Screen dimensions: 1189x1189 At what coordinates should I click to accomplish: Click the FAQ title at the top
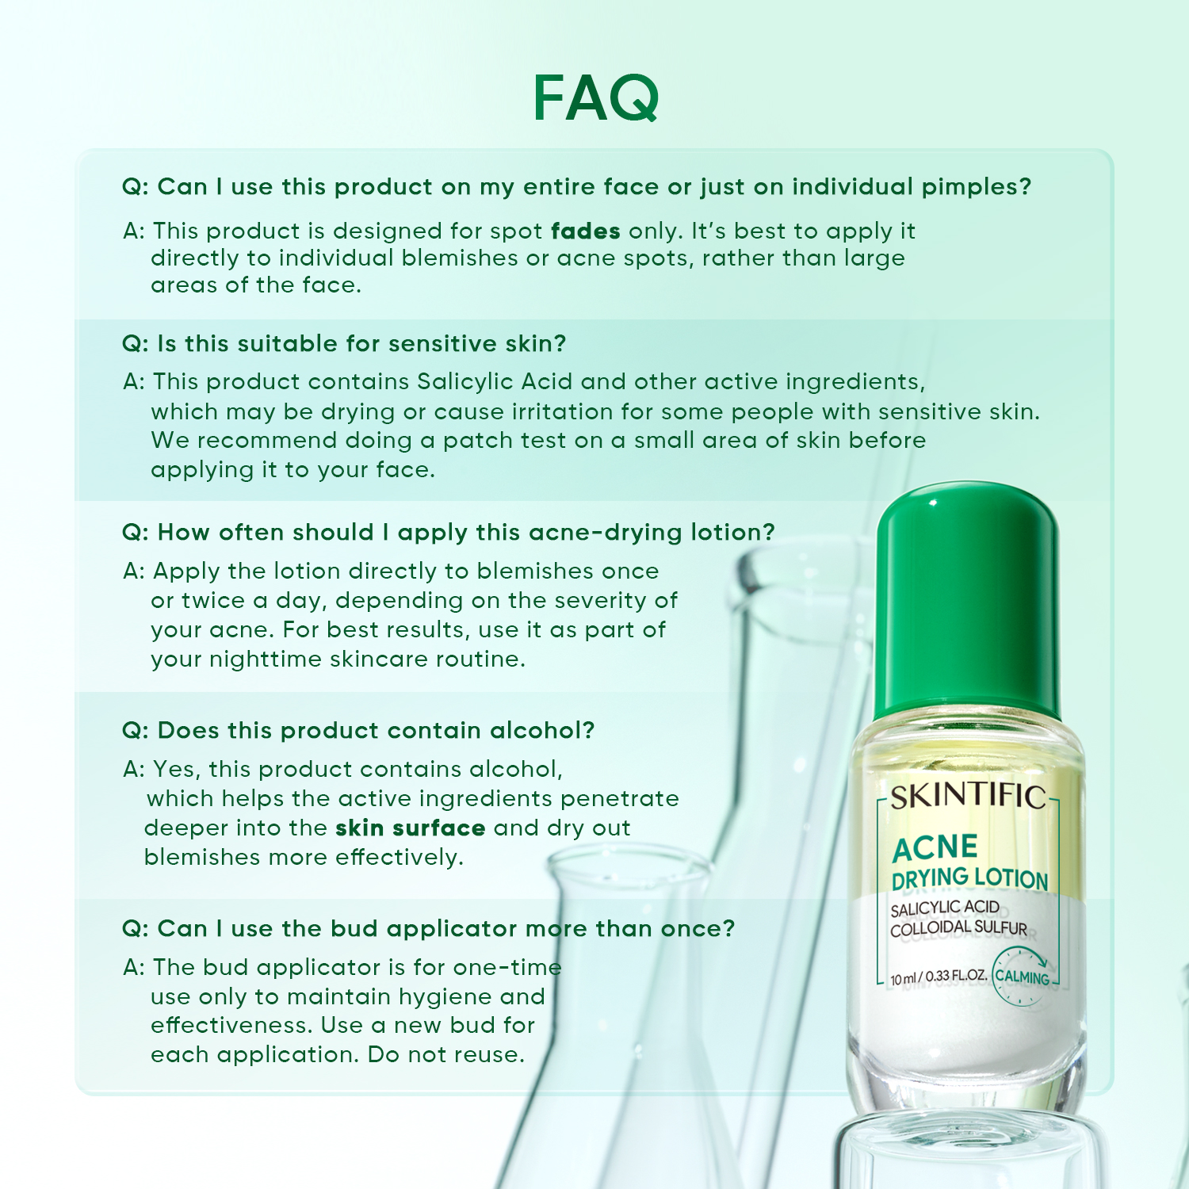coord(595,98)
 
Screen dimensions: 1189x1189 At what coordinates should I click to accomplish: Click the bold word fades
coord(585,231)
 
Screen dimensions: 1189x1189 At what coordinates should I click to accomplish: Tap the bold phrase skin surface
coord(410,828)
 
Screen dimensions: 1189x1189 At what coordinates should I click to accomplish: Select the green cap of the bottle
coord(967,602)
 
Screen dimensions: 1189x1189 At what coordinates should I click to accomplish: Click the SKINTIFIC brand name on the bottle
coord(968,797)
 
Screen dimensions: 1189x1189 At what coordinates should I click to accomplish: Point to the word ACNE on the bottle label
coord(935,848)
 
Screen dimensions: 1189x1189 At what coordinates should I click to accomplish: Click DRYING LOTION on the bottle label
coord(969,878)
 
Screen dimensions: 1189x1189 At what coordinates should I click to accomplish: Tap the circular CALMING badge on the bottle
coord(1022,977)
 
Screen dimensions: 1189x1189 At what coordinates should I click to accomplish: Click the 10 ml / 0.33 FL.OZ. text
coord(939,977)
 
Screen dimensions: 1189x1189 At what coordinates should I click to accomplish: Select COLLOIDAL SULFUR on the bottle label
coord(958,928)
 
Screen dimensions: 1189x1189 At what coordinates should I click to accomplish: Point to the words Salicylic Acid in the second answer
coord(495,382)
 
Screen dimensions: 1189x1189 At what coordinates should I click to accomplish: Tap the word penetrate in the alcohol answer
coord(620,799)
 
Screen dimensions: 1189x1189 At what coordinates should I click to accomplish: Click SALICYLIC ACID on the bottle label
coord(944,908)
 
